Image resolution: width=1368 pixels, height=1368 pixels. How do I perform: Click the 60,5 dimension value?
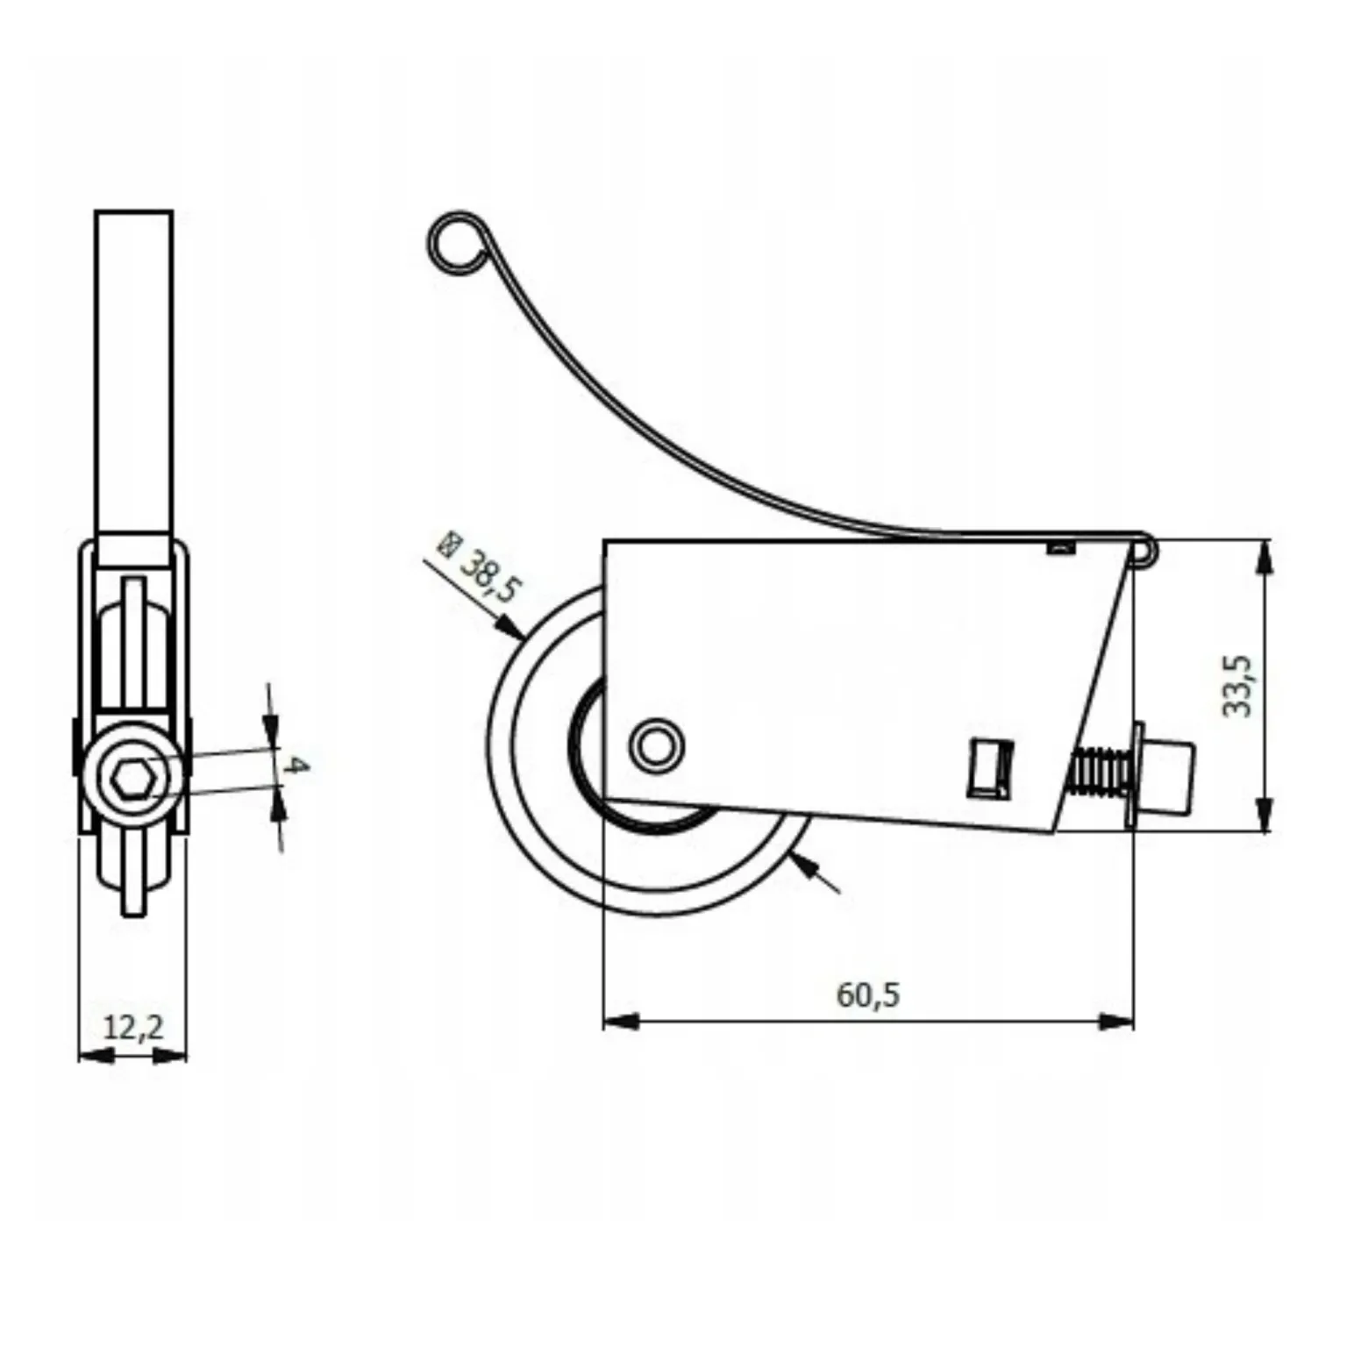(867, 994)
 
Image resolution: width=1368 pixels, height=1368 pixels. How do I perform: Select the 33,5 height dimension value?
(1237, 686)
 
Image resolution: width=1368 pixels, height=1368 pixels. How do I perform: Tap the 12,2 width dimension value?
(133, 1026)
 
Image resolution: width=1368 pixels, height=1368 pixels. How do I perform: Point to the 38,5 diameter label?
(488, 575)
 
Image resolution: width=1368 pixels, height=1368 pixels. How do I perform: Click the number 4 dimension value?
(296, 765)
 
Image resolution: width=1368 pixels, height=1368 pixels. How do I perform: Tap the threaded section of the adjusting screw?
(1098, 770)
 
